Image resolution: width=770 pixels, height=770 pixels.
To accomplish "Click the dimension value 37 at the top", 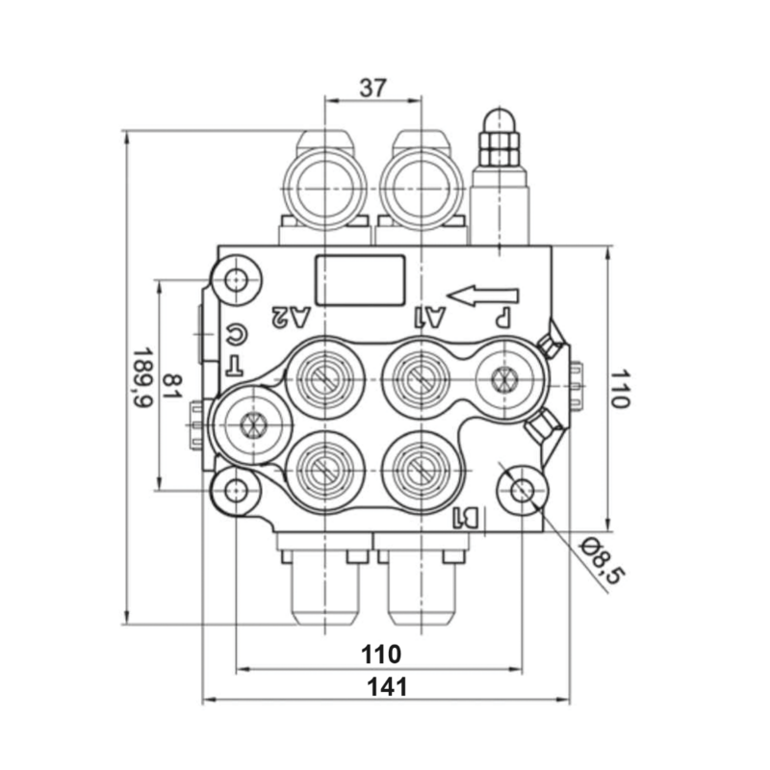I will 372,88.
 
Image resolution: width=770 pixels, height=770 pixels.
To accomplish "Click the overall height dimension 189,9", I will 143,377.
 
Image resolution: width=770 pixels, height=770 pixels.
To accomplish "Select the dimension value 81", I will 172,386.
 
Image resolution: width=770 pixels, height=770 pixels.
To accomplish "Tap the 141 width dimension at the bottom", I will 386,686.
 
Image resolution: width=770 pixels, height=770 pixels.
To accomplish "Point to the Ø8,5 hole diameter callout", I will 603,561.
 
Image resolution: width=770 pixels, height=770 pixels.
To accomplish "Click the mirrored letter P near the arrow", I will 501,316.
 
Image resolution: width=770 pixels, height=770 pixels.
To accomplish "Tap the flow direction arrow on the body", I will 483,295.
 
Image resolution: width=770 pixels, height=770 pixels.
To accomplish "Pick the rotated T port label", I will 235,365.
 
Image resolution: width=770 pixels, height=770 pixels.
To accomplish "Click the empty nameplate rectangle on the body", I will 360,280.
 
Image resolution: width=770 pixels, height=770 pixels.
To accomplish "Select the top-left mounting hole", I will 237,281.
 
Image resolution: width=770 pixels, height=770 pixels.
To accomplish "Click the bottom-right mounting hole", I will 523,491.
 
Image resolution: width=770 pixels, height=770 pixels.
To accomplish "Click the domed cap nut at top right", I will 500,125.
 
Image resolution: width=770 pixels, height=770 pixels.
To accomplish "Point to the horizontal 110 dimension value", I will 381,654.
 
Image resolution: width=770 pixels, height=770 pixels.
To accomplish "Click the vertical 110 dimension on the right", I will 619,388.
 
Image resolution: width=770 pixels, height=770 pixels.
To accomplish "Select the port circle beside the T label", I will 252,424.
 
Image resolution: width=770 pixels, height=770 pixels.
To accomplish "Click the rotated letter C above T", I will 236,335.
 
